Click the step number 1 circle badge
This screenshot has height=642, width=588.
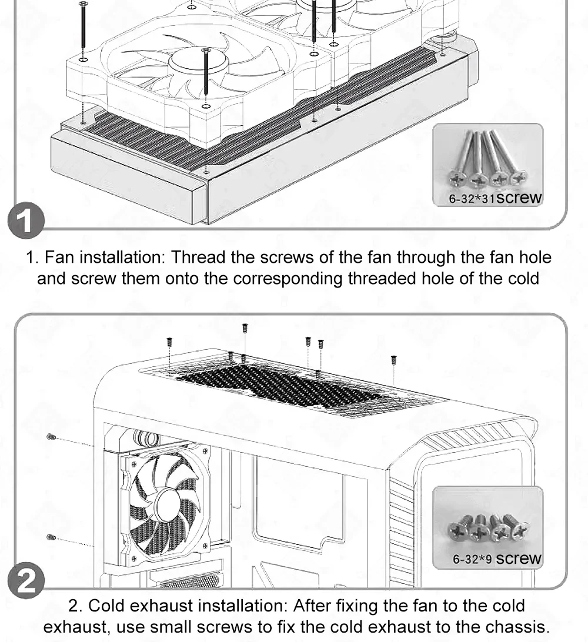[x=26, y=220]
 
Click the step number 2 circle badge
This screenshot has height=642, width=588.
[x=26, y=580]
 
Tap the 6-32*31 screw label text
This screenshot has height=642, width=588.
[x=495, y=198]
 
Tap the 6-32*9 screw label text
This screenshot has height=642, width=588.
[x=497, y=559]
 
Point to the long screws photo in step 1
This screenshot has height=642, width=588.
[x=487, y=165]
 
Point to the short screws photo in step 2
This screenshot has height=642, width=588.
[x=487, y=527]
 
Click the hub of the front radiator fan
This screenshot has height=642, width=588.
[x=188, y=63]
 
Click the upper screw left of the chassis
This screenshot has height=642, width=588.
[x=51, y=437]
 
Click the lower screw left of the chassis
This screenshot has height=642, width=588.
[x=51, y=537]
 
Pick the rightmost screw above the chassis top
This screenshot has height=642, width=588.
[x=394, y=360]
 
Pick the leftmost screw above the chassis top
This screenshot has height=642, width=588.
[x=169, y=342]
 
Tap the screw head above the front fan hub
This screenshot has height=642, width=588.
[x=206, y=51]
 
